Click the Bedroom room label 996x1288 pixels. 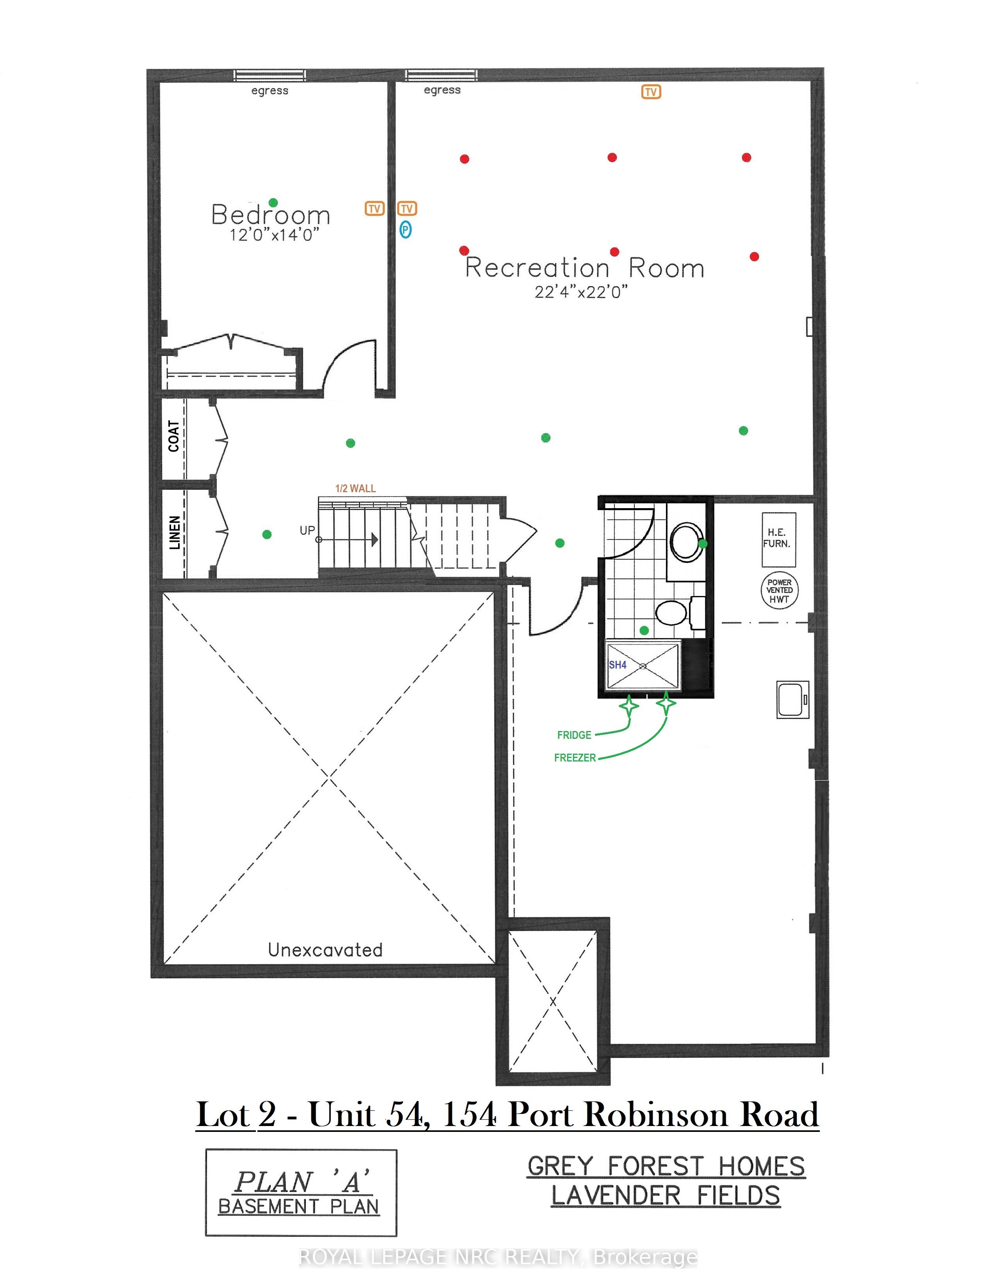tap(270, 215)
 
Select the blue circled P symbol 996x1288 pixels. tap(405, 229)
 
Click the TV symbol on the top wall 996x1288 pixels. tap(651, 92)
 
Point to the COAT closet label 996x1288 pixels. tap(173, 436)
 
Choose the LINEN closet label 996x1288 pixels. tap(175, 532)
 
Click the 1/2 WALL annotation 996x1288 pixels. tap(355, 488)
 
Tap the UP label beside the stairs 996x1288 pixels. tap(307, 530)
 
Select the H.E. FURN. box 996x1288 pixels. tap(779, 540)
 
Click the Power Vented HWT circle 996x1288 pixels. tap(779, 590)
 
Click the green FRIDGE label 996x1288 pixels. tap(574, 735)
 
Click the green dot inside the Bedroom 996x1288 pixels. tap(273, 202)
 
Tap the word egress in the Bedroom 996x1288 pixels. tap(270, 91)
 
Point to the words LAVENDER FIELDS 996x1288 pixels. tap(666, 1195)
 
